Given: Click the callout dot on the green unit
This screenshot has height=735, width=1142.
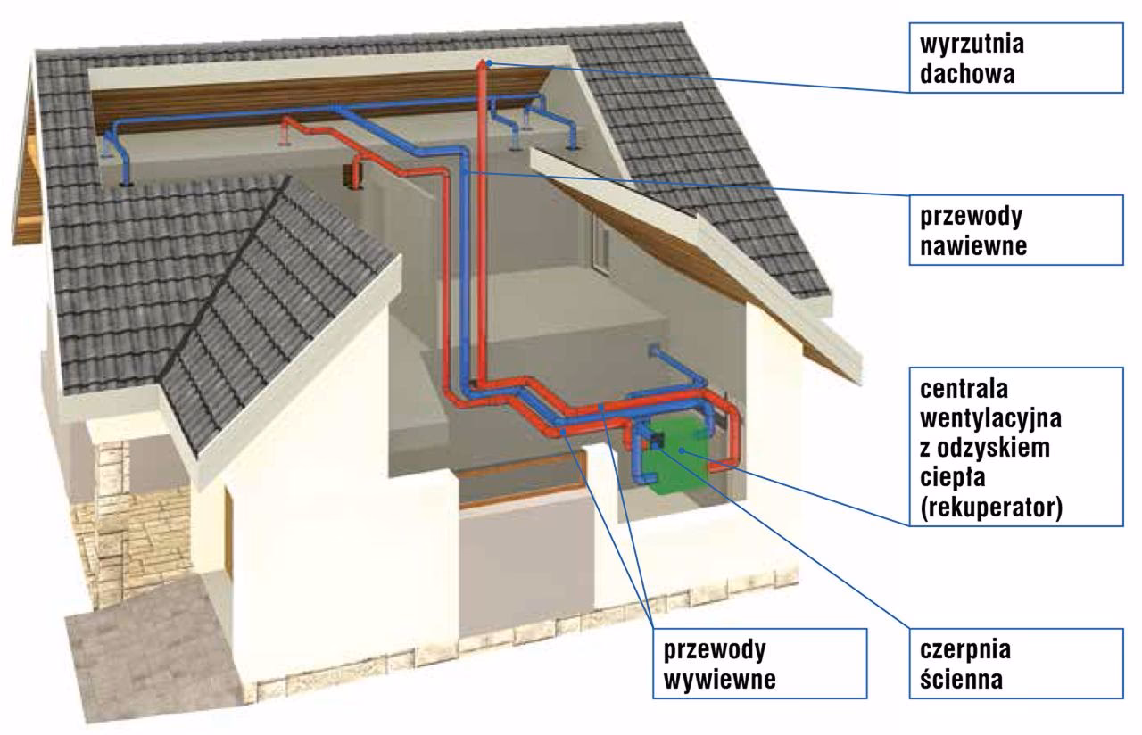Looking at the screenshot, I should pos(680,452).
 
